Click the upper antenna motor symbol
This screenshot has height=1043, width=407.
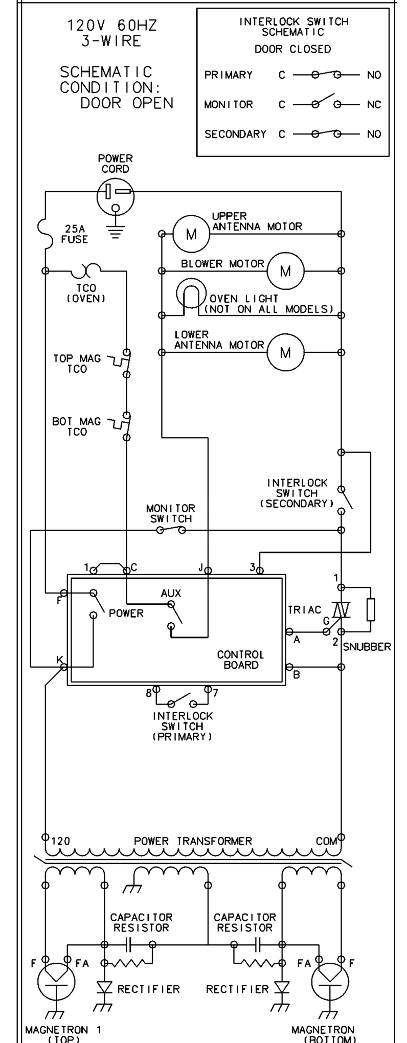[x=191, y=234]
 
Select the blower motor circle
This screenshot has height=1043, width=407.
[x=285, y=270]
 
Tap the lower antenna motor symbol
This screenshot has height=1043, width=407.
[x=285, y=352]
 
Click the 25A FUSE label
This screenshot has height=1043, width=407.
[x=75, y=234]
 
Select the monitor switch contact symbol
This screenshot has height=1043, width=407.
[x=171, y=530]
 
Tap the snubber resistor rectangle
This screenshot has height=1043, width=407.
[x=371, y=609]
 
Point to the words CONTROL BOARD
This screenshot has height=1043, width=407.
[x=241, y=660]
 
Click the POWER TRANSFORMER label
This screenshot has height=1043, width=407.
[x=193, y=841]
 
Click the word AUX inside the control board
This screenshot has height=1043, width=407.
[x=171, y=593]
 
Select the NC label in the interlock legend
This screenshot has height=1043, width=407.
[x=374, y=105]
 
